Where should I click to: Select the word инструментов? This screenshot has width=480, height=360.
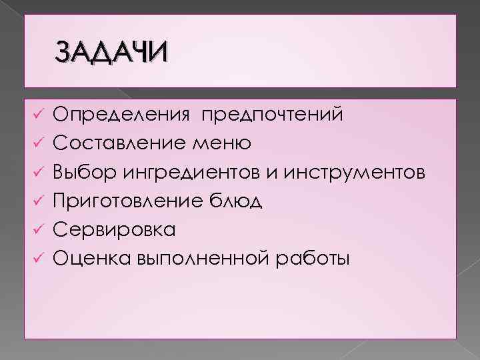coord(354,173)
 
